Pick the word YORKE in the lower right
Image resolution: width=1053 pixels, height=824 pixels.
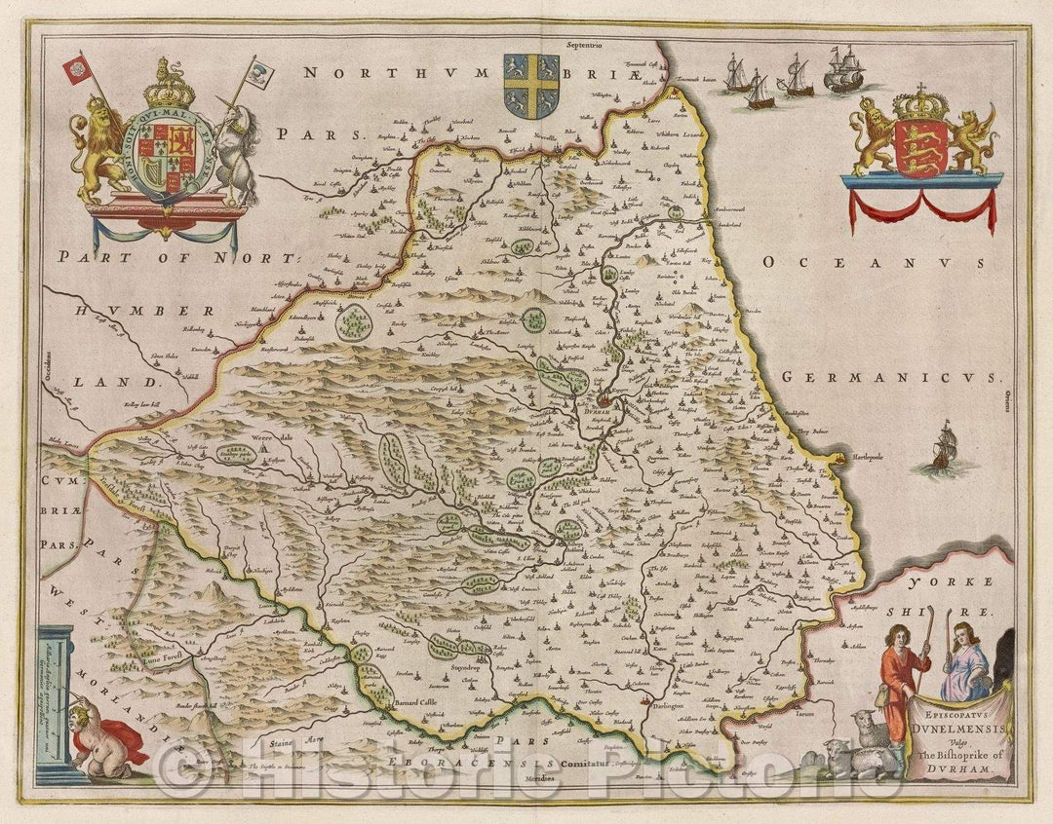pyautogui.click(x=940, y=582)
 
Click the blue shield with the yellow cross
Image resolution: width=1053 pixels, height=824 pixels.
pyautogui.click(x=530, y=86)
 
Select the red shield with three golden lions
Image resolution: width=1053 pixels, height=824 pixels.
pyautogui.click(x=920, y=148)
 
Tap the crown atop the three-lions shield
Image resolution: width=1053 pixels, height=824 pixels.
pyautogui.click(x=920, y=100)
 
